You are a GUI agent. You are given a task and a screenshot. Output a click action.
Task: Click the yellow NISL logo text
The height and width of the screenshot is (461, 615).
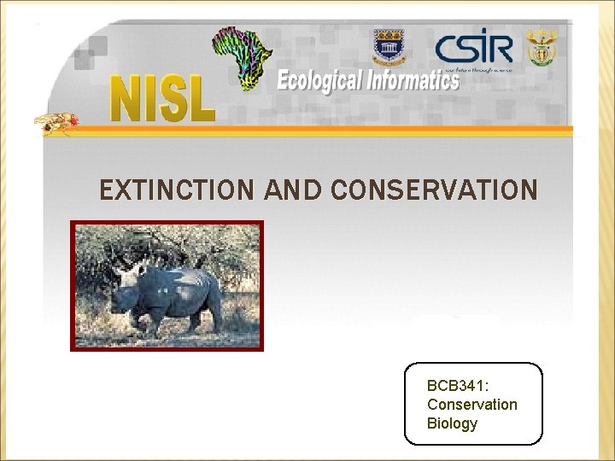pyautogui.click(x=162, y=97)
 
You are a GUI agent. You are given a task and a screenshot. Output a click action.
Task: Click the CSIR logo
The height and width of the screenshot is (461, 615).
pyautogui.click(x=473, y=50)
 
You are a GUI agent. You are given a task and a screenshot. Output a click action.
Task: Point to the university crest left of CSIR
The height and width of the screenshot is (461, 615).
pyautogui.click(x=389, y=48)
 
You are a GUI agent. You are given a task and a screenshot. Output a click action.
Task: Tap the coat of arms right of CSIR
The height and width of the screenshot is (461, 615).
pyautogui.click(x=542, y=47)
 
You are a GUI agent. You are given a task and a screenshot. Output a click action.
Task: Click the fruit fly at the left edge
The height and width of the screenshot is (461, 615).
pyautogui.click(x=56, y=123)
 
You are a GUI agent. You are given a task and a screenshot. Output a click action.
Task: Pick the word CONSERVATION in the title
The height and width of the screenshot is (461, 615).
pyautogui.click(x=433, y=190)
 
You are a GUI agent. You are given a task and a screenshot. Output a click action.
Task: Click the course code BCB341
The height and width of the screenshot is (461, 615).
pyautogui.click(x=458, y=385)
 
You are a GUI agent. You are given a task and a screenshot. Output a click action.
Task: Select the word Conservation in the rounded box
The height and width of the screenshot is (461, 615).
pyautogui.click(x=471, y=404)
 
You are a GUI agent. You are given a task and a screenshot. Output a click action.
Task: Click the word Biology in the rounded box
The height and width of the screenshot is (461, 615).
pyautogui.click(x=452, y=423)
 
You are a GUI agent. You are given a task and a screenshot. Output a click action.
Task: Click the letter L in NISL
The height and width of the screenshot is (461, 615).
pyautogui.click(x=201, y=97)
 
